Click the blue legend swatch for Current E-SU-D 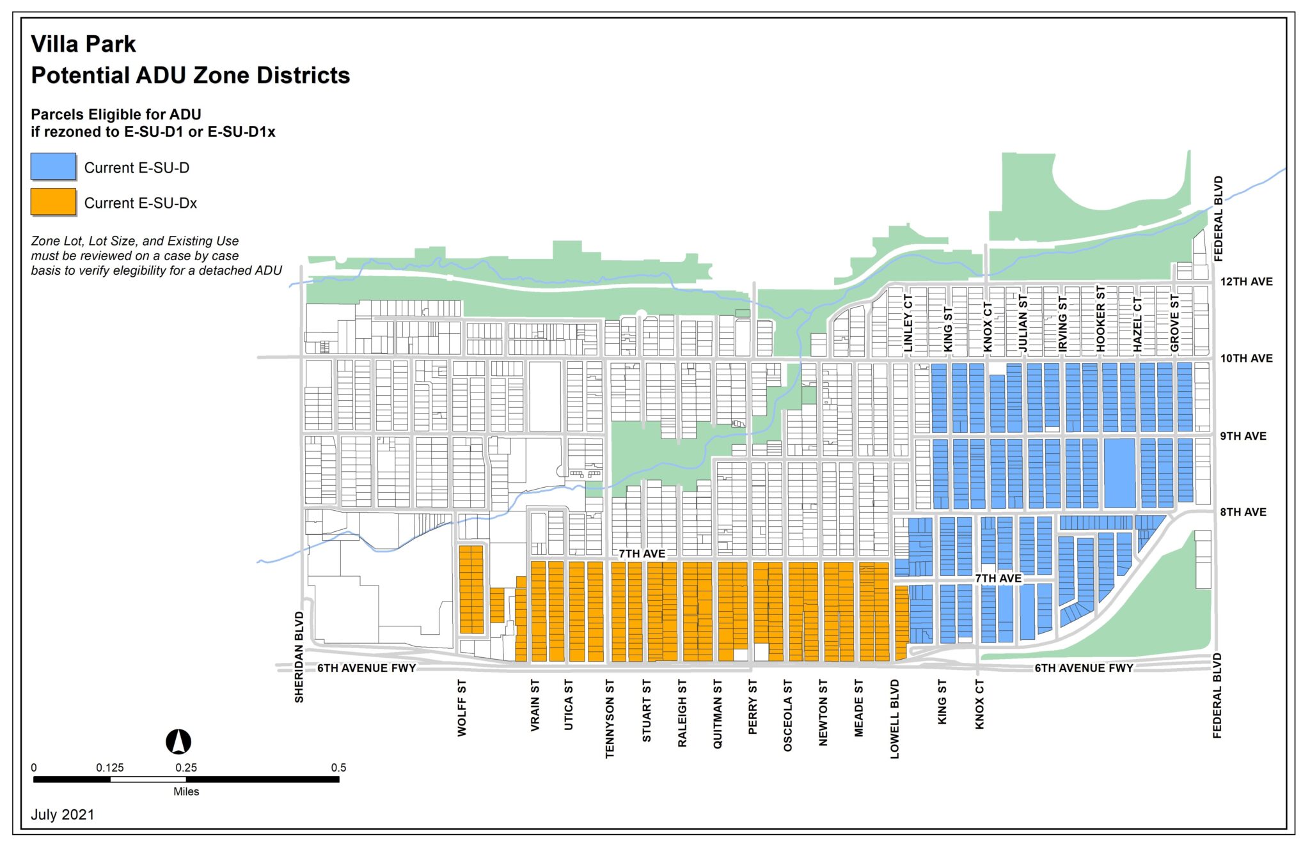tap(54, 167)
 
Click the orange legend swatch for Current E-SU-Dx tap(54, 202)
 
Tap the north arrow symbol tap(178, 742)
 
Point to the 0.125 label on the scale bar tap(110, 767)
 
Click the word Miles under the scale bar tap(186, 791)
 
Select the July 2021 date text tap(63, 814)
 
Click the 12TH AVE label tap(1246, 282)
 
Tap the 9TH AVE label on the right tap(1243, 436)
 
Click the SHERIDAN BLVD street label tap(299, 657)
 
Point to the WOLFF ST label tap(462, 708)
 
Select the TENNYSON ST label tap(610, 719)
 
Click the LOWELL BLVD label tap(895, 719)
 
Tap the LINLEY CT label tap(908, 322)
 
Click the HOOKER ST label tap(1101, 318)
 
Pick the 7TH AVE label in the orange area tap(642, 554)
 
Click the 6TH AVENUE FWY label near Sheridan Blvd tap(367, 668)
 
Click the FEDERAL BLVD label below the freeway tap(1217, 695)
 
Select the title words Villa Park tap(83, 44)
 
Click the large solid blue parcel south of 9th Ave tap(1119, 473)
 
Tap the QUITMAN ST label tap(718, 713)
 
